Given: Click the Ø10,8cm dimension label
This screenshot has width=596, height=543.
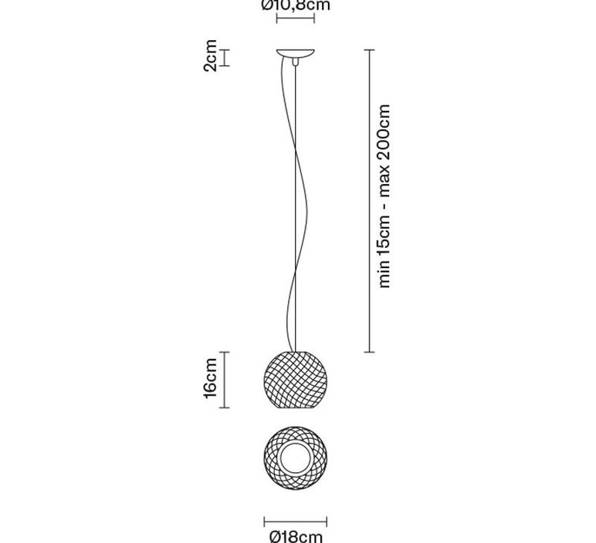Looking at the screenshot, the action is [296, 5].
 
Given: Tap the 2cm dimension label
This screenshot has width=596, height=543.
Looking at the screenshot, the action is [210, 55].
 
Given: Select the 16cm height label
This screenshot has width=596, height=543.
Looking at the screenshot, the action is [210, 378].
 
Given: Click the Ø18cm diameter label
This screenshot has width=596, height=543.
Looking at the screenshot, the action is [296, 537].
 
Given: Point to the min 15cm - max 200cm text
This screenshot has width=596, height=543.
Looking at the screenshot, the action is [384, 196].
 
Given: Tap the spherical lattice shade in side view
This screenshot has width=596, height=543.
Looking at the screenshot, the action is [296, 380].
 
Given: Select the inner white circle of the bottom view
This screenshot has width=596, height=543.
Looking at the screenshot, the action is [296, 458].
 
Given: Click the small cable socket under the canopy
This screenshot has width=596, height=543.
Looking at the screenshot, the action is [296, 62].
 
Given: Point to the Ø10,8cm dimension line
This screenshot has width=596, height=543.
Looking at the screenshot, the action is [296, 18].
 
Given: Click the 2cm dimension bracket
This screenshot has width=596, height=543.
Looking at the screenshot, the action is [224, 58].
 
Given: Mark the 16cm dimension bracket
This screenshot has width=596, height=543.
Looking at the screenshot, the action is [224, 380].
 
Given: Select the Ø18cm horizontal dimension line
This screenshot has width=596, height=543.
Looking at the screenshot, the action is [296, 521].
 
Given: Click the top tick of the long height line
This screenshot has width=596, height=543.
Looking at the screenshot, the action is [369, 50].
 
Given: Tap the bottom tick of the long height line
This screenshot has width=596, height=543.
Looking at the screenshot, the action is [369, 352].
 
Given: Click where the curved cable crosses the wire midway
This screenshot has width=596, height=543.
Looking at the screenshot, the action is [296, 153].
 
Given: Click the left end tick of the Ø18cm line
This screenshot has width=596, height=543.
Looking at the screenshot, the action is [264, 521].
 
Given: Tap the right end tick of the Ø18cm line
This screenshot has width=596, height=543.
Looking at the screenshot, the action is [327, 521].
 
